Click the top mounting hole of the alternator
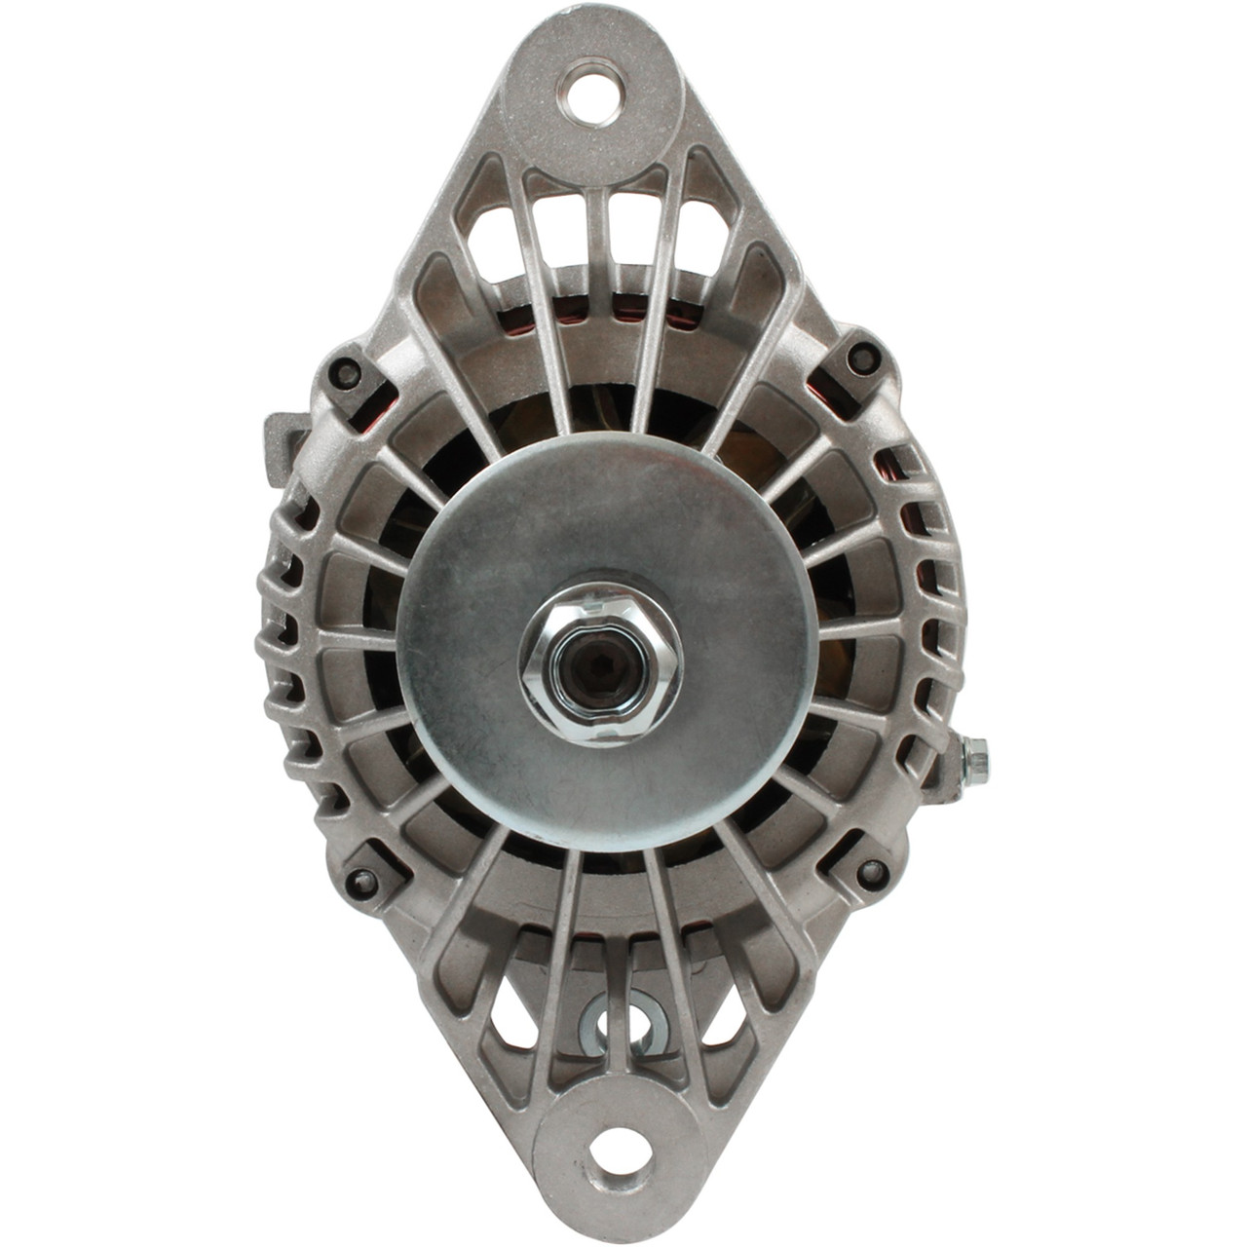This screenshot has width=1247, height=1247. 588,89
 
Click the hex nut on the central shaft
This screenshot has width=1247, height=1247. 600,663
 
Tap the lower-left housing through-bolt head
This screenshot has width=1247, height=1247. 363,883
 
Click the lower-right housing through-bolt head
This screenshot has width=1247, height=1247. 870,871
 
